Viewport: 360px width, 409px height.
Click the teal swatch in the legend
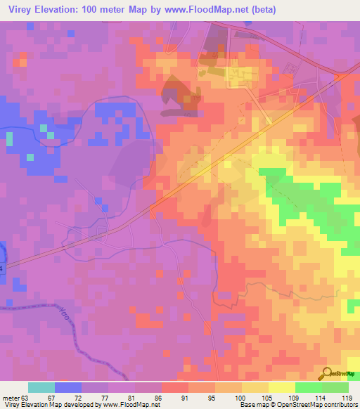coord(41,387)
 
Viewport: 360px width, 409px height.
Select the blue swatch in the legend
coord(68,387)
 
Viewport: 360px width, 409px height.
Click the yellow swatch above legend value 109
coord(282,387)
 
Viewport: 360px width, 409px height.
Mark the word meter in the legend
coord(12,397)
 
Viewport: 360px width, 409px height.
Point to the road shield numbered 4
coord(2,269)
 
